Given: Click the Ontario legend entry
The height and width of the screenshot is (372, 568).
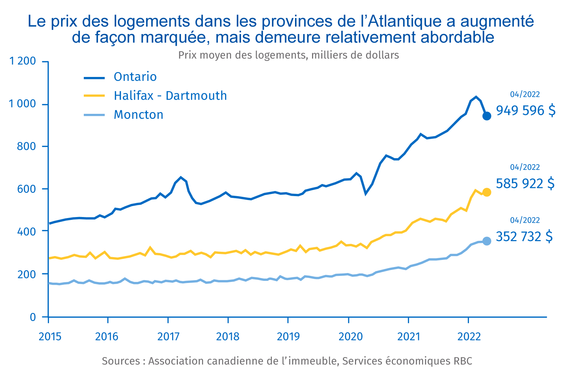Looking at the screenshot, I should point(135,77).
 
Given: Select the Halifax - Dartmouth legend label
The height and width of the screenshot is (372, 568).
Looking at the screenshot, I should point(170,96).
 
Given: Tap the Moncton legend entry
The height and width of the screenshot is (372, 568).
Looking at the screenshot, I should point(138,115).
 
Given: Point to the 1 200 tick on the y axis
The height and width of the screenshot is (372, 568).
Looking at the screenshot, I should point(23,61).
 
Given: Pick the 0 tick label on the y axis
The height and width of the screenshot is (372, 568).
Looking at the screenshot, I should point(33,317).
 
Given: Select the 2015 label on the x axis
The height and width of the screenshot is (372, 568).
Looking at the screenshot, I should point(50,336).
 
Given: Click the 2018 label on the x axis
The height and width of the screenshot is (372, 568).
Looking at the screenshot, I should point(228,336).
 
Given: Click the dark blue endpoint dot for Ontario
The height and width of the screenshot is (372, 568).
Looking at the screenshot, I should point(487,116).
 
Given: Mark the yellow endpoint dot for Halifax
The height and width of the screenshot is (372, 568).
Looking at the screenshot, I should point(487,192).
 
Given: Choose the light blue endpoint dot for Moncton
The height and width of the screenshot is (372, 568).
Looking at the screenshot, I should point(487,241).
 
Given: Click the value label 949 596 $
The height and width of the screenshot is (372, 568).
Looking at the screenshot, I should point(525,111).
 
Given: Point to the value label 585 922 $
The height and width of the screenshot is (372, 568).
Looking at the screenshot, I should point(525,184).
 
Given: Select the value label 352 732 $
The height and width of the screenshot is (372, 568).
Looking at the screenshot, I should point(524,237).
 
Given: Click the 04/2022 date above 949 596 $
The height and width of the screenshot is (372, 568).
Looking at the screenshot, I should point(525,94).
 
